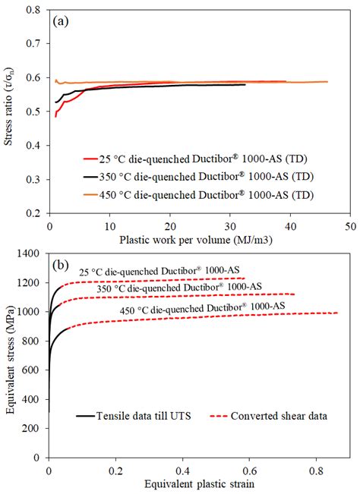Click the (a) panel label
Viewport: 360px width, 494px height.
[62, 23]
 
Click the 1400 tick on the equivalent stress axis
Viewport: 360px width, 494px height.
[32, 256]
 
